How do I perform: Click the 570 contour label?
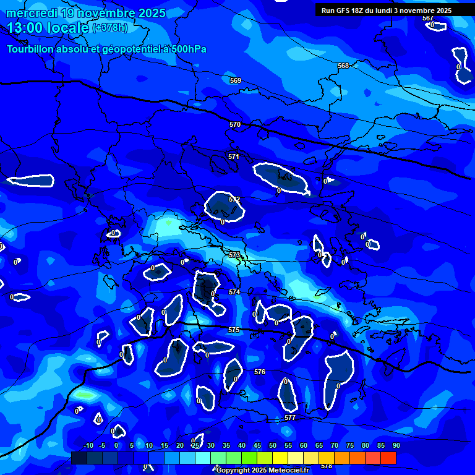coord(234,124)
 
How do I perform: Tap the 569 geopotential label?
coord(235,80)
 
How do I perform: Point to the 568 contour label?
coord(343,66)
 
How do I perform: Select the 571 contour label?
coord(233,156)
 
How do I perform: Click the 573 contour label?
coord(234,255)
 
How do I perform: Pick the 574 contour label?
coord(234,292)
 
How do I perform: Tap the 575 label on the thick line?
coord(233,330)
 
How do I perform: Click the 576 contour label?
coord(260,372)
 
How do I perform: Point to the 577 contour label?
coord(289,417)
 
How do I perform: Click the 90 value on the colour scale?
coord(396,445)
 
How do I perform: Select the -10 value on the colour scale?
coord(88,445)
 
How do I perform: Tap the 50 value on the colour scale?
coord(273,445)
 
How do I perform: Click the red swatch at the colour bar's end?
coord(388,458)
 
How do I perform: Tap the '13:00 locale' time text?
coord(48,28)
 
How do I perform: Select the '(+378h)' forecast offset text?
coord(110,28)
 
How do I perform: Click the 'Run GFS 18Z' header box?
coord(387,11)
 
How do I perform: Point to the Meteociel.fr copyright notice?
coord(263,470)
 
